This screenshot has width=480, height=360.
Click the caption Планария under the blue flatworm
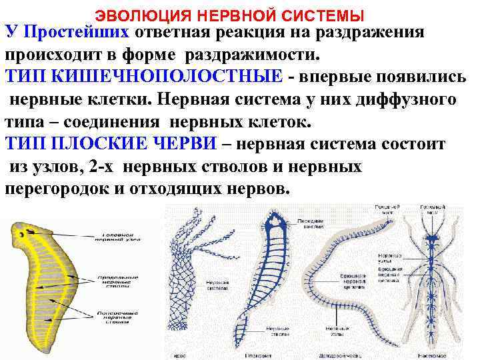(261, 354)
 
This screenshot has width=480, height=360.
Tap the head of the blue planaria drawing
(274, 223)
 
